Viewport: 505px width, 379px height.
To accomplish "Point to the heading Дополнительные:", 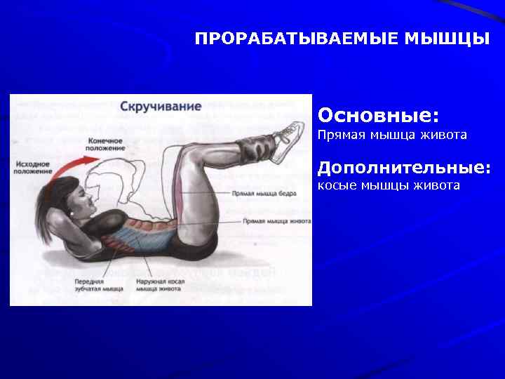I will (x=404, y=168).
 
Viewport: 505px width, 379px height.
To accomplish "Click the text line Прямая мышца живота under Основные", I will (x=392, y=134).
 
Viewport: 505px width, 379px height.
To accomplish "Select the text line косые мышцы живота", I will (x=389, y=185).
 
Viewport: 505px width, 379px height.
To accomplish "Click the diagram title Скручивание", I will (x=161, y=107).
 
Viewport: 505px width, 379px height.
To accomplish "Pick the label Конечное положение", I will (x=106, y=145).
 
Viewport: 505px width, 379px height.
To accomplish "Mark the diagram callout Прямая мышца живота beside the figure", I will (x=276, y=220).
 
